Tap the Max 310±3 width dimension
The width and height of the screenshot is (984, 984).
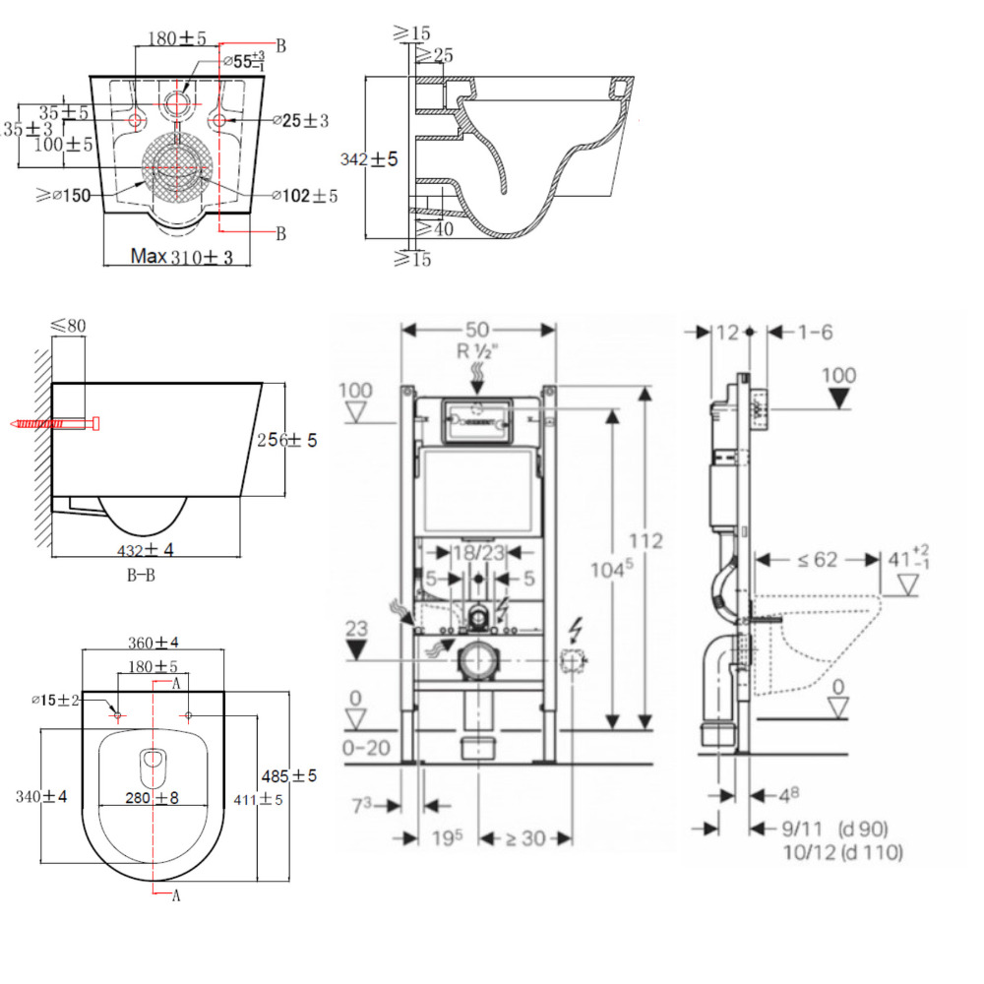(183, 257)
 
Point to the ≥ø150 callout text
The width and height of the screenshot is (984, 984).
(65, 195)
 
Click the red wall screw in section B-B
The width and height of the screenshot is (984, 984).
(55, 424)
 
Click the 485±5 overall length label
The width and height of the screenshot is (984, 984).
(296, 776)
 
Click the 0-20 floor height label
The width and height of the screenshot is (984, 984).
(365, 748)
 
